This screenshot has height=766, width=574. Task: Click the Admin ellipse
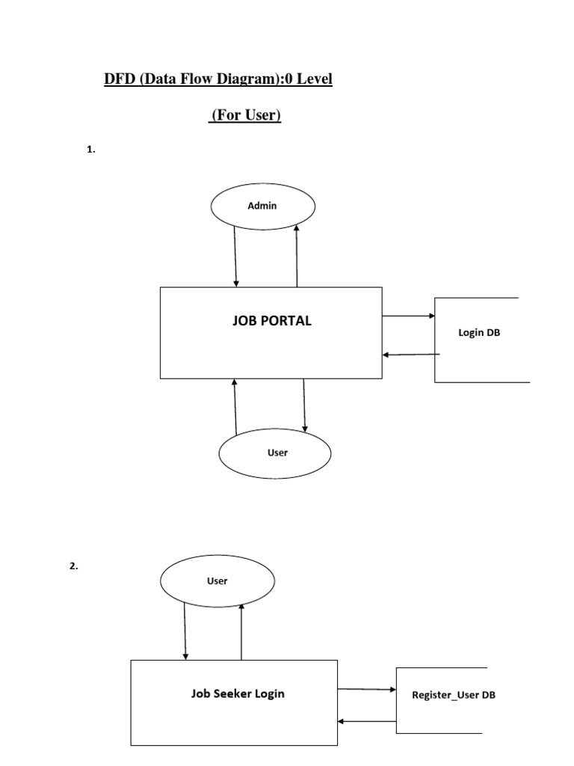click(262, 206)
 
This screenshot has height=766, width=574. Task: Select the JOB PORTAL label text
click(272, 321)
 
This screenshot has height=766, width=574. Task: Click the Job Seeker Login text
click(238, 693)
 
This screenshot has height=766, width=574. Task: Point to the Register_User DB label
click(454, 695)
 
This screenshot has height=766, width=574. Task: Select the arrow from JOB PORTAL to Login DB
click(408, 316)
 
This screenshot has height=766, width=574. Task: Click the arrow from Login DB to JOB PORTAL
click(410, 355)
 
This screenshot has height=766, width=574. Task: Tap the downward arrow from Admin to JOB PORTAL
click(236, 257)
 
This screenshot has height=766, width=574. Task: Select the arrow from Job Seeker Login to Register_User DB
click(367, 689)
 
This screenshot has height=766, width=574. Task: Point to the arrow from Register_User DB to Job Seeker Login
click(367, 721)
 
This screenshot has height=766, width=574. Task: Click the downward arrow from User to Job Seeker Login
click(185, 630)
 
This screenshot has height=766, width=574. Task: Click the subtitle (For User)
click(244, 116)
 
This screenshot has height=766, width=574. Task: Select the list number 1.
click(91, 150)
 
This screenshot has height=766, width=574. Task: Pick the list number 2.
click(73, 566)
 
